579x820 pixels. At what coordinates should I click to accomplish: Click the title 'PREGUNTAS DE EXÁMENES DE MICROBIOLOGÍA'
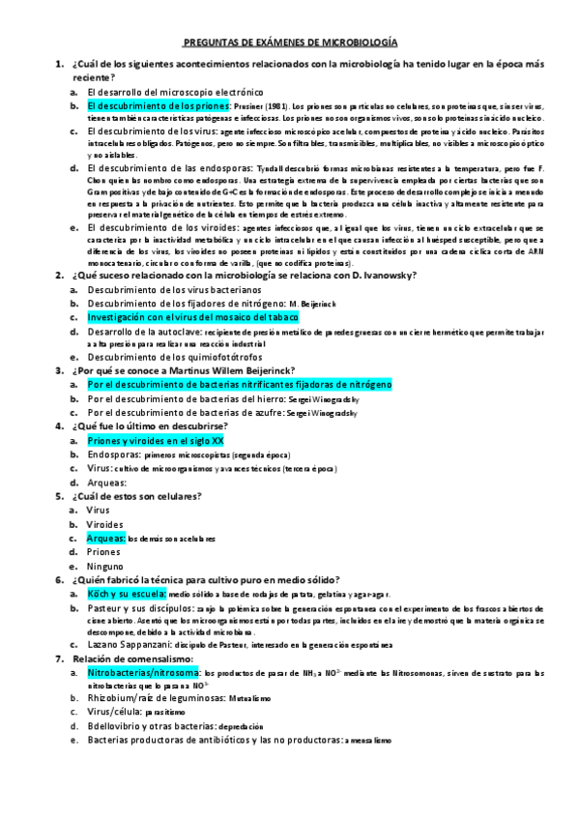290,44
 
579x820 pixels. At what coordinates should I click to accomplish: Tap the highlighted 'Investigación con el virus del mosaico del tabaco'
192,316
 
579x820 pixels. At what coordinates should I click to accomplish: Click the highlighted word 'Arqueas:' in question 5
105,538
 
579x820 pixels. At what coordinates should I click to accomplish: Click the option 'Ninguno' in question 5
105,566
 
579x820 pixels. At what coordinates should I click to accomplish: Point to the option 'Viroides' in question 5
106,523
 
